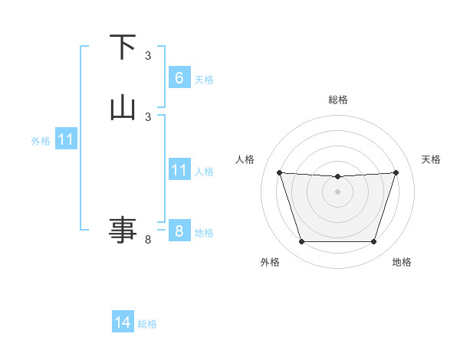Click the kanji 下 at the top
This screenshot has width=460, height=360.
[x=122, y=47]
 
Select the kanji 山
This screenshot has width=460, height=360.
[x=122, y=107]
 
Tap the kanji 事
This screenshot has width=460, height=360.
[x=122, y=229]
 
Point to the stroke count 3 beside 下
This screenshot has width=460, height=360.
[x=148, y=55]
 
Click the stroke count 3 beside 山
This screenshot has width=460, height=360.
[x=148, y=116]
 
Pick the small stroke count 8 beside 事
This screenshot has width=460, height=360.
[x=148, y=240]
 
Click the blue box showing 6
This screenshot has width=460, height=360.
[x=179, y=78]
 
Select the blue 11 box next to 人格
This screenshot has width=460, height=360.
[x=179, y=170]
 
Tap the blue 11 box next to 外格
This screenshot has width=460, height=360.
[x=66, y=140]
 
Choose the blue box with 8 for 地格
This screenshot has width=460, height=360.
[x=179, y=231]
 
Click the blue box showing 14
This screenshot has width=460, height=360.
[x=122, y=322]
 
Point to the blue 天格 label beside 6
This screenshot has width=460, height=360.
[x=204, y=80]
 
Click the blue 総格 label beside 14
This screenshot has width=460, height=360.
[x=147, y=324]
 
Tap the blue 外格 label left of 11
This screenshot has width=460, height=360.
[x=41, y=141]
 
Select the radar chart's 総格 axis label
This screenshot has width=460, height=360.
[x=338, y=100]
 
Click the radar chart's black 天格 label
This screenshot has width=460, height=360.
[x=432, y=159]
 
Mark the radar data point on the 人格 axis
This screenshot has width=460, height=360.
[x=279, y=172]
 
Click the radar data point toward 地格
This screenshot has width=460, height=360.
[x=373, y=242]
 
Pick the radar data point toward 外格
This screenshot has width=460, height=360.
[x=301, y=242]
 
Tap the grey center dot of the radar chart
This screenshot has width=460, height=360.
[x=337, y=191]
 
